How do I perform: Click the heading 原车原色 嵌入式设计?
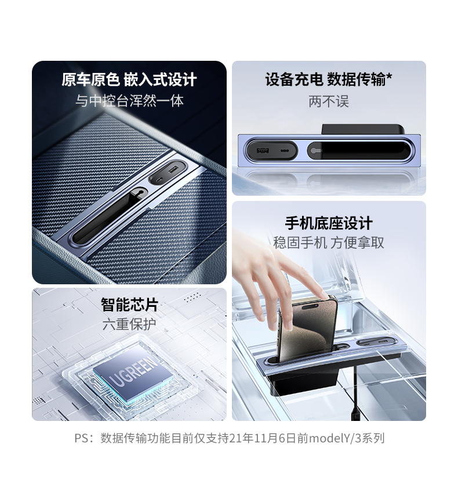click(129, 80)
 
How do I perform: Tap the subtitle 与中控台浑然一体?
click(129, 101)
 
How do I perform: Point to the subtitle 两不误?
click(329, 102)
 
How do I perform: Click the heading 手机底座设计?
click(329, 223)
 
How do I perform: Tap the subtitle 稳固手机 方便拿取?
click(329, 243)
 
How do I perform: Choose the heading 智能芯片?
click(129, 305)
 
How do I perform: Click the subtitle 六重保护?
click(129, 324)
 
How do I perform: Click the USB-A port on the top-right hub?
click(262, 151)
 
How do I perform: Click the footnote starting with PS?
click(229, 438)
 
